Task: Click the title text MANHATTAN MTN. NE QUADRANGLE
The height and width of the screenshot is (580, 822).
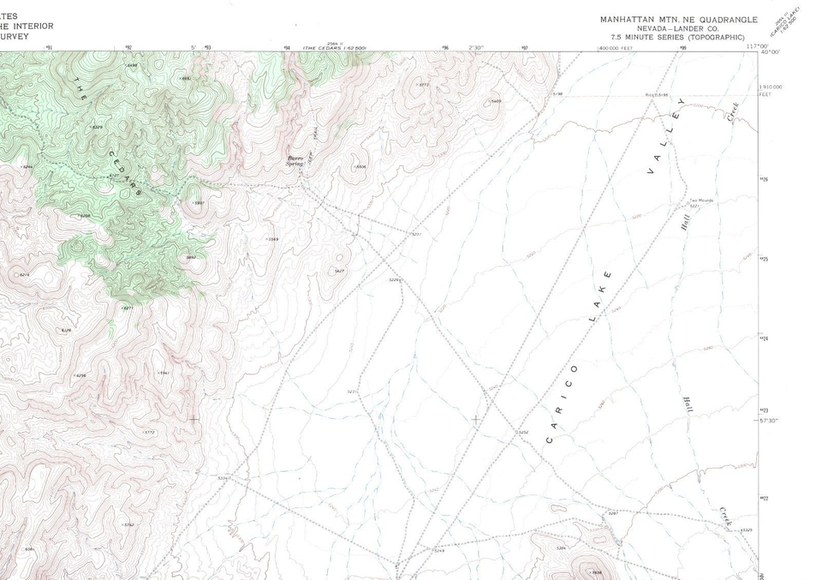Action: pos(678,19)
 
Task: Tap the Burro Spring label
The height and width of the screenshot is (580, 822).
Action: pos(295,160)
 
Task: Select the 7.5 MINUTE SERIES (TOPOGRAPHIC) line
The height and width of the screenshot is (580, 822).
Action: pos(677,38)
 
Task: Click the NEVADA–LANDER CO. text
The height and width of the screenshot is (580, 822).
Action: pos(677,28)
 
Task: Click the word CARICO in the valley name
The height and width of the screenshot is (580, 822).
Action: pos(561,405)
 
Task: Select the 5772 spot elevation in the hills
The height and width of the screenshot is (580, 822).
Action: pos(149,433)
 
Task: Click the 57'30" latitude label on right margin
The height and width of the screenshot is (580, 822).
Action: pos(768,421)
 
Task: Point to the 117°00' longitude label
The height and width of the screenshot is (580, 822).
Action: pos(757,46)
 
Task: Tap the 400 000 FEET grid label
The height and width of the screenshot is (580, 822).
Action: pos(616,48)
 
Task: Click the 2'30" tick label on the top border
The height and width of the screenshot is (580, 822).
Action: pos(477,47)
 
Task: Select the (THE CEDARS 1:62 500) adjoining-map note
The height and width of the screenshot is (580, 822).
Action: pos(329,48)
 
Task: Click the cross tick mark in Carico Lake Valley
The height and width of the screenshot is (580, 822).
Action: pos(475,420)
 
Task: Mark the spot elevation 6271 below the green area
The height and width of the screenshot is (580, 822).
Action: pos(128,308)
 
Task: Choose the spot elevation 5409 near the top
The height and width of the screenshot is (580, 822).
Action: pos(495,101)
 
